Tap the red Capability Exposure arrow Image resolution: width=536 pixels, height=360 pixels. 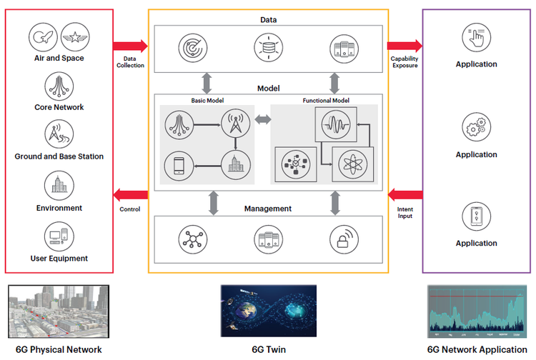tap(404, 46)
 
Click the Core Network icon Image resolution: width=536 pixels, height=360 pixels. tap(59, 86)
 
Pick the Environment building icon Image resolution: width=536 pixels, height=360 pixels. tap(59, 186)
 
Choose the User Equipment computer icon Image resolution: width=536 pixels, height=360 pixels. tap(59, 237)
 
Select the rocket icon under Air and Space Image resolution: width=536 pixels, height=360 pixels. tap(44, 36)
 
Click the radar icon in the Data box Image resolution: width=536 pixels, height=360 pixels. tap(191, 48)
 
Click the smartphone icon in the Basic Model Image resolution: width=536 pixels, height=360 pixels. tap(179, 166)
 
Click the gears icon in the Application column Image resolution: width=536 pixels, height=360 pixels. tap(476, 128)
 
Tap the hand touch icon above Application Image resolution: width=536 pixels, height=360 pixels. tap(476, 36)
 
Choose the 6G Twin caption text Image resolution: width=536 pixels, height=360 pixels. tap(268, 349)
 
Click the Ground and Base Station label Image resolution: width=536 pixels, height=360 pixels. tap(59, 156)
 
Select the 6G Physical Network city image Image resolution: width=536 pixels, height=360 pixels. tap(59, 312)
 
